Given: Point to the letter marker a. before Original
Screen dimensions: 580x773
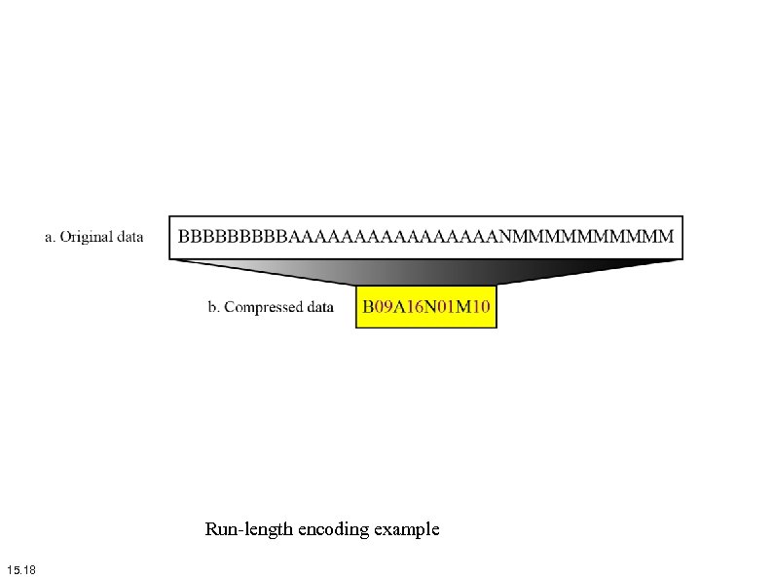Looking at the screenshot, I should tap(51, 237).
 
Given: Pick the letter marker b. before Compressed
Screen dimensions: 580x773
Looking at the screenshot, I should tap(214, 307).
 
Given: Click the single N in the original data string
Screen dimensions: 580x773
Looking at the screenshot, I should tap(506, 236).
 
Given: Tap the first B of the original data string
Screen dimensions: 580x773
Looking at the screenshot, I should tap(183, 236).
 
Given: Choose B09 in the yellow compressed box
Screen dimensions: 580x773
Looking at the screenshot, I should tap(379, 307).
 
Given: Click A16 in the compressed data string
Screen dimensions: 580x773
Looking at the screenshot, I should tap(411, 307).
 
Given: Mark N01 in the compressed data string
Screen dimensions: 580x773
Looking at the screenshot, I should tap(443, 307).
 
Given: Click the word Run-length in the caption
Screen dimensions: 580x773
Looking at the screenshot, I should tap(248, 530).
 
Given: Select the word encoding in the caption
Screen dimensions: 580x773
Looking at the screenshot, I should tap(335, 530).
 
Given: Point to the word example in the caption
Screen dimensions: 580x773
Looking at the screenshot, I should tap(408, 530).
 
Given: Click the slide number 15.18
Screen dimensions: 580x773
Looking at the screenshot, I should tap(20, 569).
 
